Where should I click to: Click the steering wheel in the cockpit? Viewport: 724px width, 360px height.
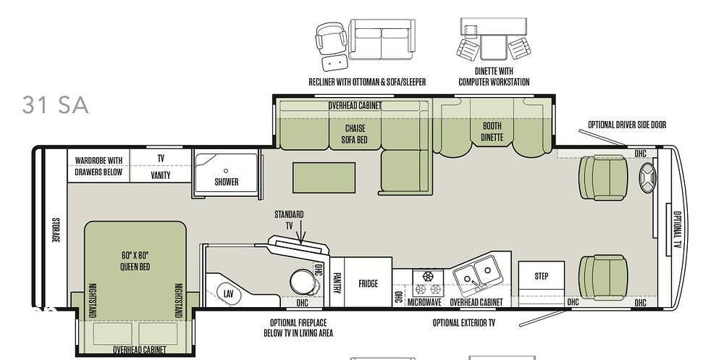pos(647,177)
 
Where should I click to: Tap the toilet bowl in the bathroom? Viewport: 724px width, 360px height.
pos(303,282)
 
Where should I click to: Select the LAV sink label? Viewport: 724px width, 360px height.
pos(228,293)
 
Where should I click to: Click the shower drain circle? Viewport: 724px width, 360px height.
pos(226,171)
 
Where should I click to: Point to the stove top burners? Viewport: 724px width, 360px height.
pos(428,283)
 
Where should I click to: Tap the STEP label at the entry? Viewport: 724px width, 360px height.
pos(541,277)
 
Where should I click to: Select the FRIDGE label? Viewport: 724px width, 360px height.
pos(368,284)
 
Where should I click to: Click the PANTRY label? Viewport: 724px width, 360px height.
pos(337,282)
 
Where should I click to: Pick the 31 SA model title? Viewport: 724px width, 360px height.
pos(55,105)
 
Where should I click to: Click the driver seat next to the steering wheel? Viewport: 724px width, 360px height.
pos(603,178)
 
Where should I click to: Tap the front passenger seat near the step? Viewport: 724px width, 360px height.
pos(603,277)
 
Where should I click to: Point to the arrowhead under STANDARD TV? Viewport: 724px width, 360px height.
pos(301,240)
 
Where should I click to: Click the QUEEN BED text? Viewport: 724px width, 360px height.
pos(135,267)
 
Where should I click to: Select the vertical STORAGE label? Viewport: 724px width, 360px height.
pos(56,230)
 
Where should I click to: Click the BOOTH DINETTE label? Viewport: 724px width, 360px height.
pos(492,132)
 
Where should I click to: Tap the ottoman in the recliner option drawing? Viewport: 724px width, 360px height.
pos(334,62)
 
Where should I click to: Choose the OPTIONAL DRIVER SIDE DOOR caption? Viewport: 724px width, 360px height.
pos(626,125)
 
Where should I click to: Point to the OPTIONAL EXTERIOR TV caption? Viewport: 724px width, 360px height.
pos(463,322)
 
